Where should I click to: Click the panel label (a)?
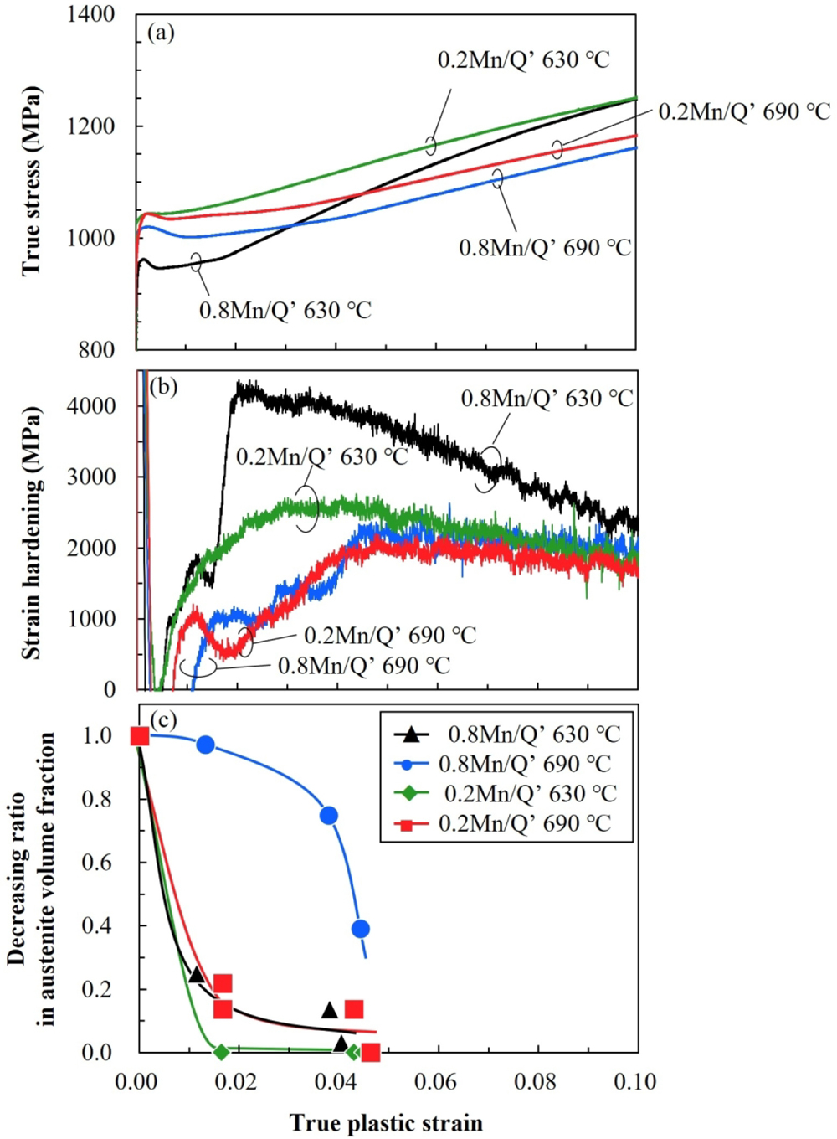click(161, 33)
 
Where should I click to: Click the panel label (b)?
click(162, 387)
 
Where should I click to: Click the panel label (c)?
click(162, 719)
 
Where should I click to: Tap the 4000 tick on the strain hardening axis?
click(91, 405)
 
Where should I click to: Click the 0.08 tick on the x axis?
click(536, 1081)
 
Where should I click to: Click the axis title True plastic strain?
click(386, 1123)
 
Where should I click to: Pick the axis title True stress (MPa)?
click(31, 180)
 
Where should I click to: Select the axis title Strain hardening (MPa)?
click(31, 533)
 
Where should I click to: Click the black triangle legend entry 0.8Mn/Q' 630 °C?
click(533, 734)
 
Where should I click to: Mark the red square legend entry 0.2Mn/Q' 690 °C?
click(525, 823)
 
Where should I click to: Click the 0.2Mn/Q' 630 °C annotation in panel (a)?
click(523, 59)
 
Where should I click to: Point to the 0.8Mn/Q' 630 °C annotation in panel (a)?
click(285, 311)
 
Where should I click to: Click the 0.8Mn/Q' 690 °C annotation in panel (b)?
click(363, 666)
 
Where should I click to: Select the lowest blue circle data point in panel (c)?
click(361, 929)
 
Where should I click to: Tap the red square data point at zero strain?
click(140, 736)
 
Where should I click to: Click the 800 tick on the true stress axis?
click(96, 349)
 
